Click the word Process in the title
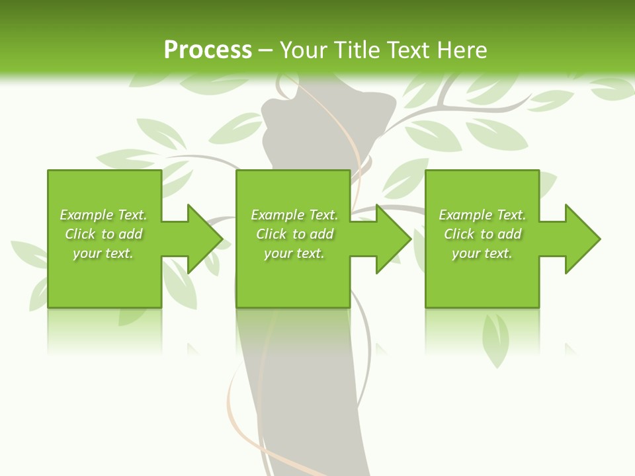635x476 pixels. (x=208, y=50)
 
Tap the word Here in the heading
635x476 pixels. (x=462, y=50)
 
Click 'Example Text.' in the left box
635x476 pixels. (x=103, y=215)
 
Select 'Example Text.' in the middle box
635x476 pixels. (x=294, y=215)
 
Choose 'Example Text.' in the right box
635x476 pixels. (x=482, y=215)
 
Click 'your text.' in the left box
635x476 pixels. (x=103, y=253)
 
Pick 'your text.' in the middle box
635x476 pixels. (x=294, y=253)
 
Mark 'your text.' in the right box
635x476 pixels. (x=482, y=253)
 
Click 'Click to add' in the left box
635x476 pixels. (x=103, y=234)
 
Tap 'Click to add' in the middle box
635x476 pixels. (x=294, y=234)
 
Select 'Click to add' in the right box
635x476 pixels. (x=482, y=234)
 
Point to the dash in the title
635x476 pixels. (x=265, y=50)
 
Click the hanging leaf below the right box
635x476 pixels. (x=495, y=337)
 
